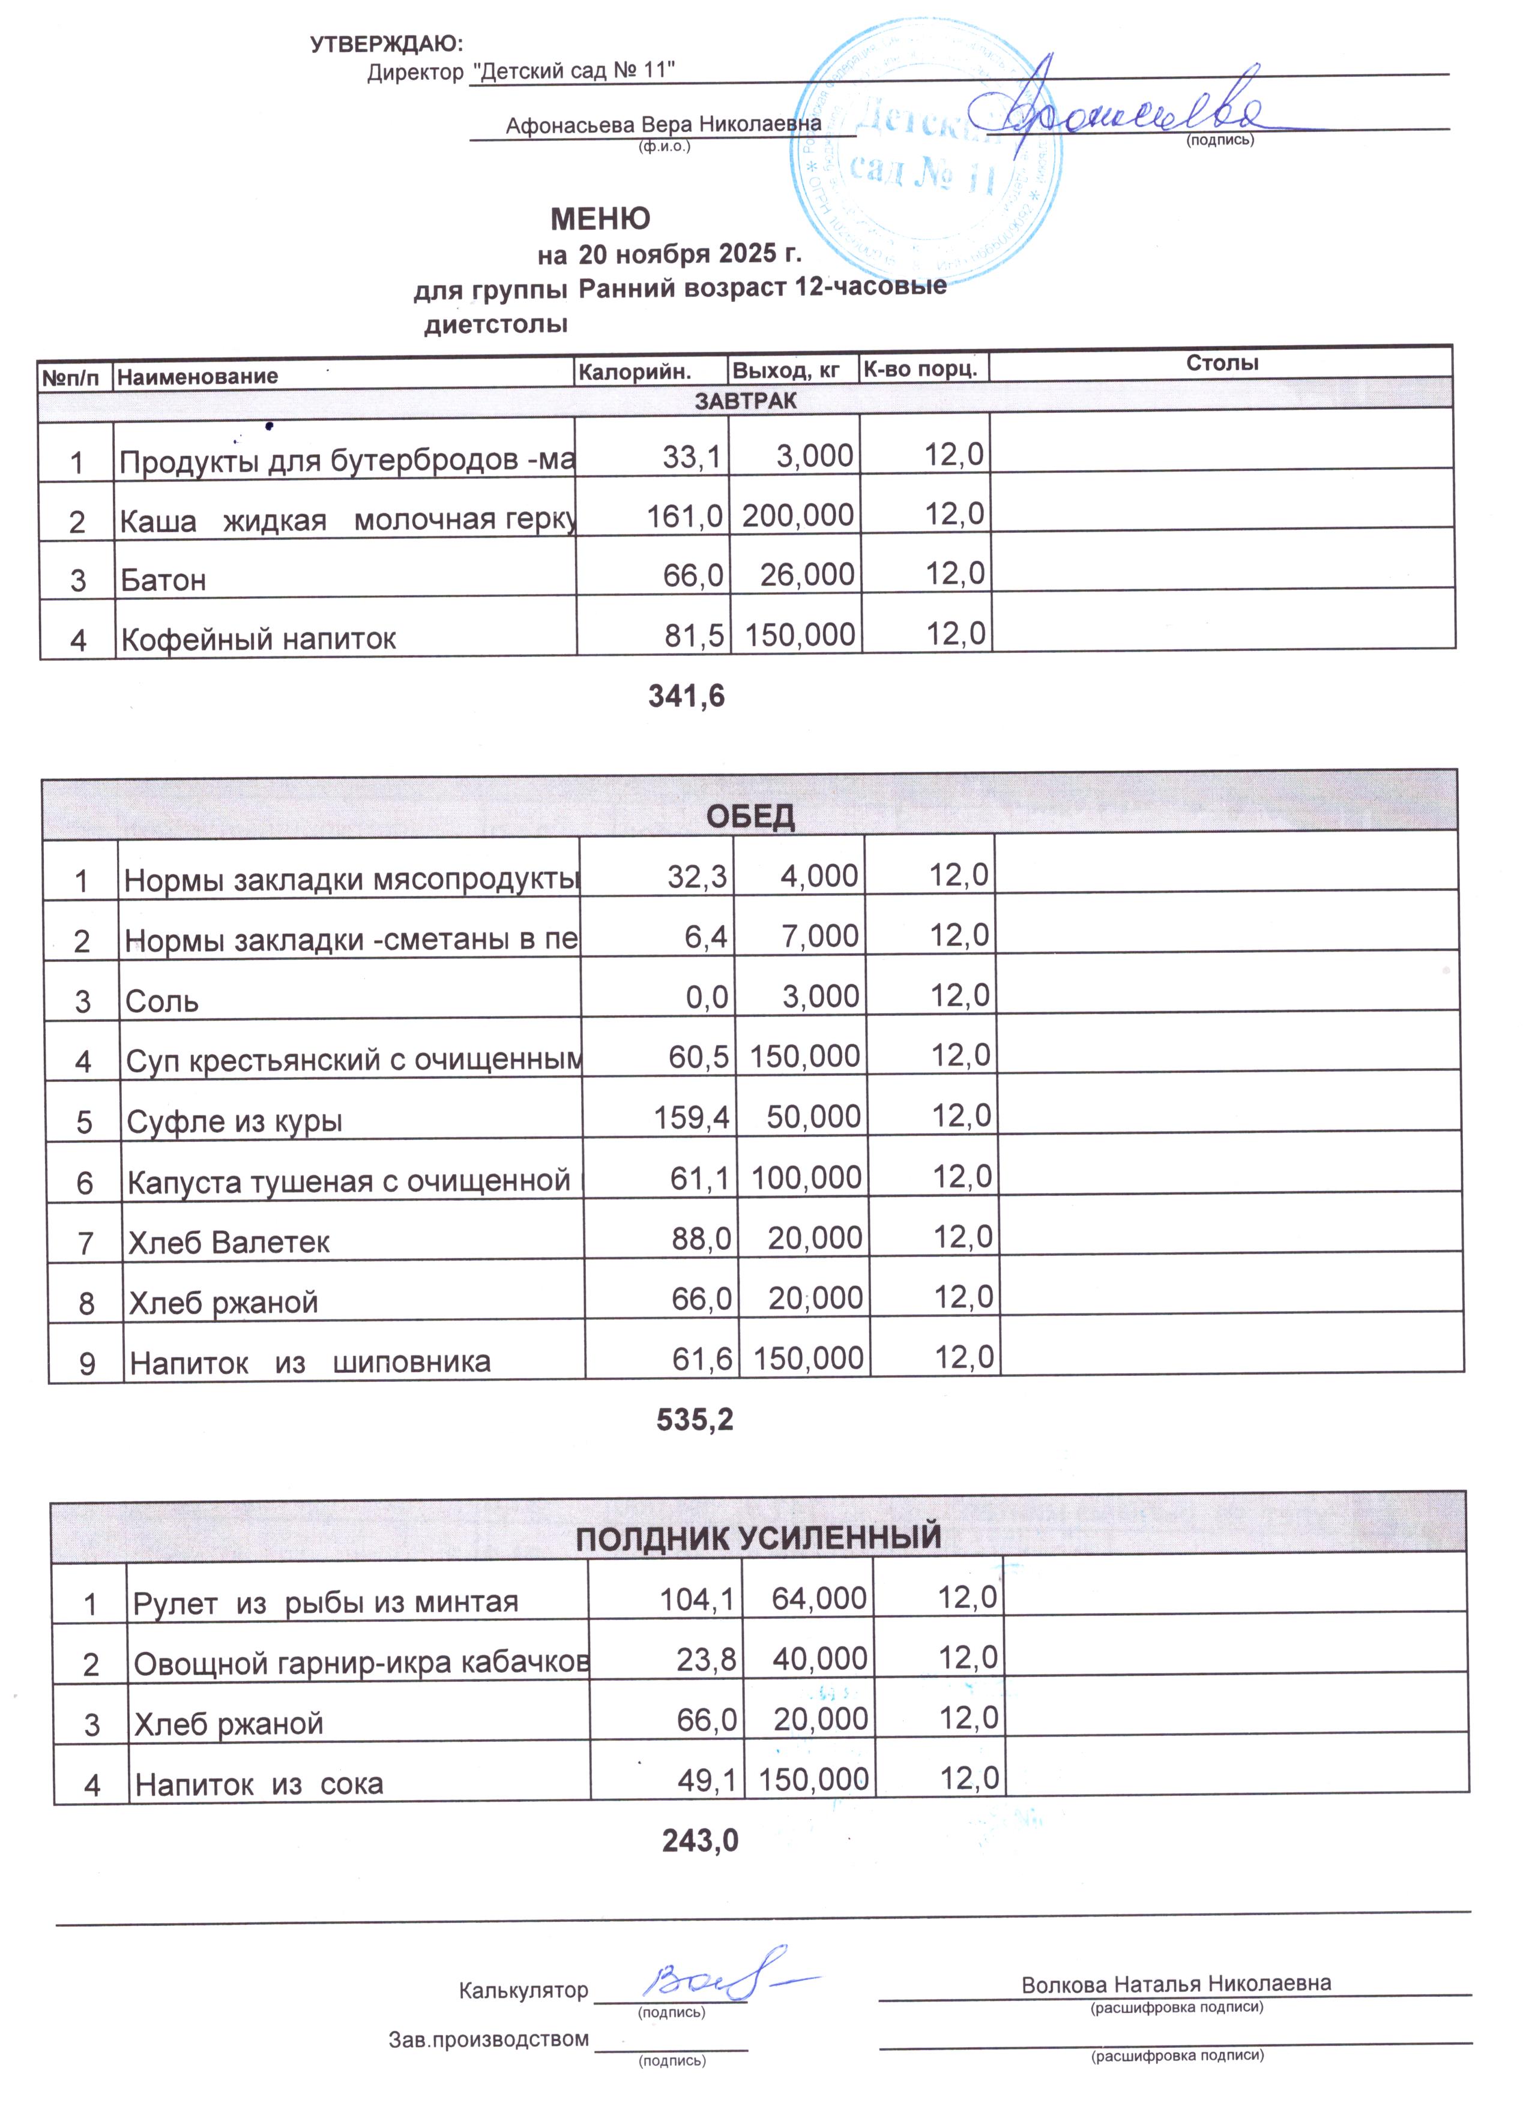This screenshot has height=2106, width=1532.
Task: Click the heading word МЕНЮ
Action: tap(600, 219)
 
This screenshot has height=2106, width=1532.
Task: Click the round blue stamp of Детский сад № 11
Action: tap(926, 153)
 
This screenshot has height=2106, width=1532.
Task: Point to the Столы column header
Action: tap(1222, 363)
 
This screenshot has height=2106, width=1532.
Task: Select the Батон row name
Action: tap(163, 580)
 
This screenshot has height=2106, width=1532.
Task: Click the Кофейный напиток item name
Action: tap(258, 639)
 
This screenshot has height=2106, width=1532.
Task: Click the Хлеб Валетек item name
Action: tap(229, 1243)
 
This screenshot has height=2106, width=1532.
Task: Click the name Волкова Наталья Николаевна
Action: tap(1175, 1984)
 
